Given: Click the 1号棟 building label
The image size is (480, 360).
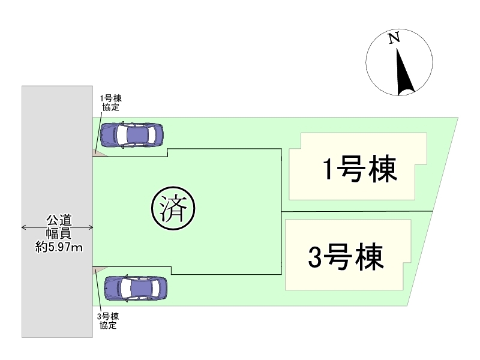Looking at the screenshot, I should pyautogui.click(x=359, y=170).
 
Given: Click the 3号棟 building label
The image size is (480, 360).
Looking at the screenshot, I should pyautogui.click(x=346, y=257).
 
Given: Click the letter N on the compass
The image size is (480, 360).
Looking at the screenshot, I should pyautogui.click(x=394, y=39).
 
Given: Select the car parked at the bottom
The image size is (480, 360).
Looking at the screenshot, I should pyautogui.click(x=136, y=289).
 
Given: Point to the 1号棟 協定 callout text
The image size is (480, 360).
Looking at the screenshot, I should pyautogui.click(x=110, y=103).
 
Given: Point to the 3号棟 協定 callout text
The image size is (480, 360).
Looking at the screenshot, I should pyautogui.click(x=109, y=321).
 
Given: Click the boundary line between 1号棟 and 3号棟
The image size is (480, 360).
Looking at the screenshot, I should pyautogui.click(x=357, y=211).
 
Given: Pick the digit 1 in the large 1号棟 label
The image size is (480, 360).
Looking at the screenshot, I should pyautogui.click(x=328, y=170).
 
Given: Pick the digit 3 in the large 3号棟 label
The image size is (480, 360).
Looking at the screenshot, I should pyautogui.click(x=315, y=258).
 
